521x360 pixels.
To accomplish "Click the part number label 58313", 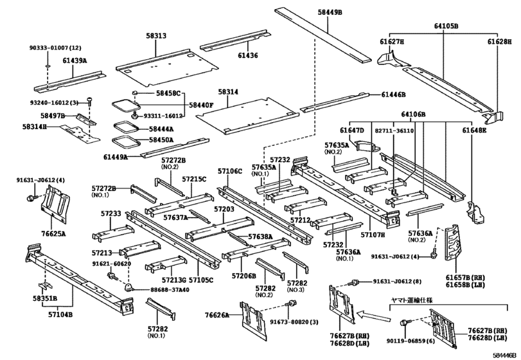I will pos(155,37).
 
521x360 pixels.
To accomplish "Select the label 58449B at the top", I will pos(330,12).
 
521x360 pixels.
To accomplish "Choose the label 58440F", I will pos(201,104).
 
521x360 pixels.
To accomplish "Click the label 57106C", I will pos(229,172).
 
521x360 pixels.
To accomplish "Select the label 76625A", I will pos(53,234).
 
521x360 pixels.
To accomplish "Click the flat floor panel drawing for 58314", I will pos(247,114).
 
